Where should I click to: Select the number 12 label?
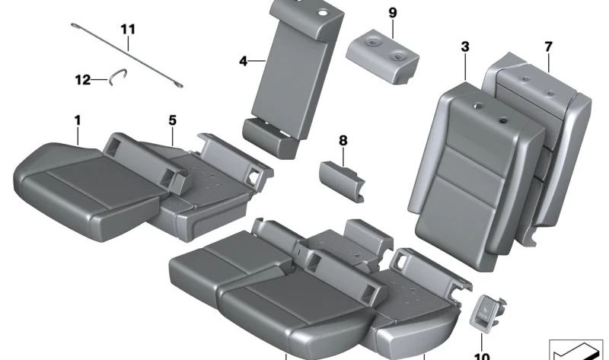pos(81,78)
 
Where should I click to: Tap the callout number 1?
pos(77,119)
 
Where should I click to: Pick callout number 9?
pos(392,14)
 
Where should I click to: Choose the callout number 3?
pos(464,47)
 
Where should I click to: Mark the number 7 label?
pos(548,47)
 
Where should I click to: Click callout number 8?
pos(343,140)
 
